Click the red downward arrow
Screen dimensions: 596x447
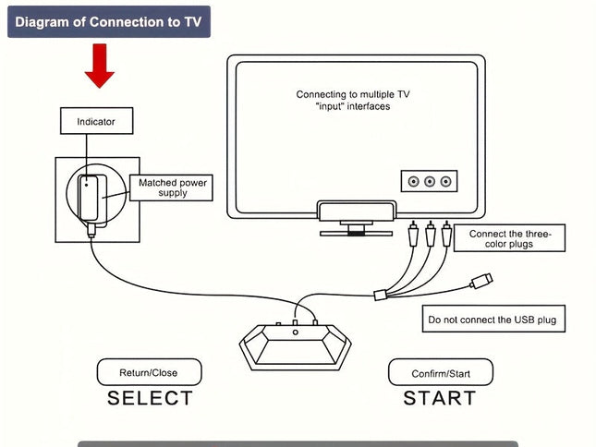100,66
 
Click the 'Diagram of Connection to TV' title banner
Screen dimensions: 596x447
109,21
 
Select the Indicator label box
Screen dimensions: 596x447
96,121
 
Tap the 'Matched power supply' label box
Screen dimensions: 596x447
172,187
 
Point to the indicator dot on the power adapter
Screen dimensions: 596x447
87,185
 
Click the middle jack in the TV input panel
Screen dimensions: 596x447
430,182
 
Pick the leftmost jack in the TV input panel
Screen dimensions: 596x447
414,182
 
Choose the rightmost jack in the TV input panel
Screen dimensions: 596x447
446,182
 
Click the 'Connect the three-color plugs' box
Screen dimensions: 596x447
509,238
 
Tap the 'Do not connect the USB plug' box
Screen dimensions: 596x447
493,319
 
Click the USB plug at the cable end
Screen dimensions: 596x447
481,281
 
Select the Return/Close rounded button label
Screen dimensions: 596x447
150,372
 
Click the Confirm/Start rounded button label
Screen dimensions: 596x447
441,372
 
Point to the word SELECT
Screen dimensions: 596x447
150,398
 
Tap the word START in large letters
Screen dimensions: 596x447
440,398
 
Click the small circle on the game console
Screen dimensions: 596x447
296,332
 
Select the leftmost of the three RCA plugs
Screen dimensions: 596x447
413,234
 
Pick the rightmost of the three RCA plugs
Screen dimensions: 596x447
446,234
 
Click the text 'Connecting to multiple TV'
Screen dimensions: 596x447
353,94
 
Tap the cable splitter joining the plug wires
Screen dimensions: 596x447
381,295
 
